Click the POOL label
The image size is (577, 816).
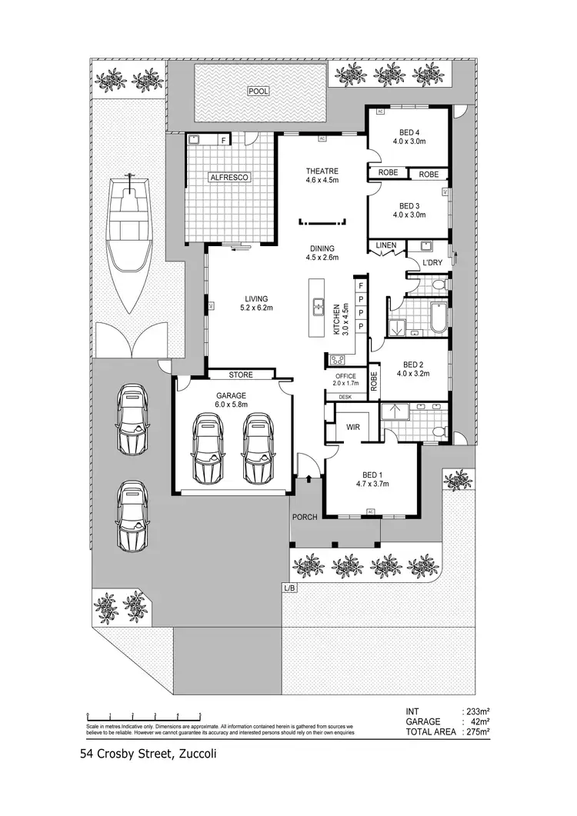[x=258, y=92]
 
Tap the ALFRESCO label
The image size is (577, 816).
[x=231, y=177]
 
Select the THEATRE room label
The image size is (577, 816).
[x=322, y=172]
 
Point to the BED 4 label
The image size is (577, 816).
[x=409, y=132]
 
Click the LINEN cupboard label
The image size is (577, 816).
[x=385, y=246]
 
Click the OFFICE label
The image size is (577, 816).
[x=345, y=375]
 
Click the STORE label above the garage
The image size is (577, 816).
[x=241, y=375]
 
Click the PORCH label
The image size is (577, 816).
[x=305, y=517]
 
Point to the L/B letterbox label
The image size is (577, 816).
[x=289, y=588]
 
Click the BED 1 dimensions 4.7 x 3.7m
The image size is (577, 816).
[x=372, y=485]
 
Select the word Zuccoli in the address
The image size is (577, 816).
[x=198, y=754]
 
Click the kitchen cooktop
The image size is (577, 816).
[x=337, y=360]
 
